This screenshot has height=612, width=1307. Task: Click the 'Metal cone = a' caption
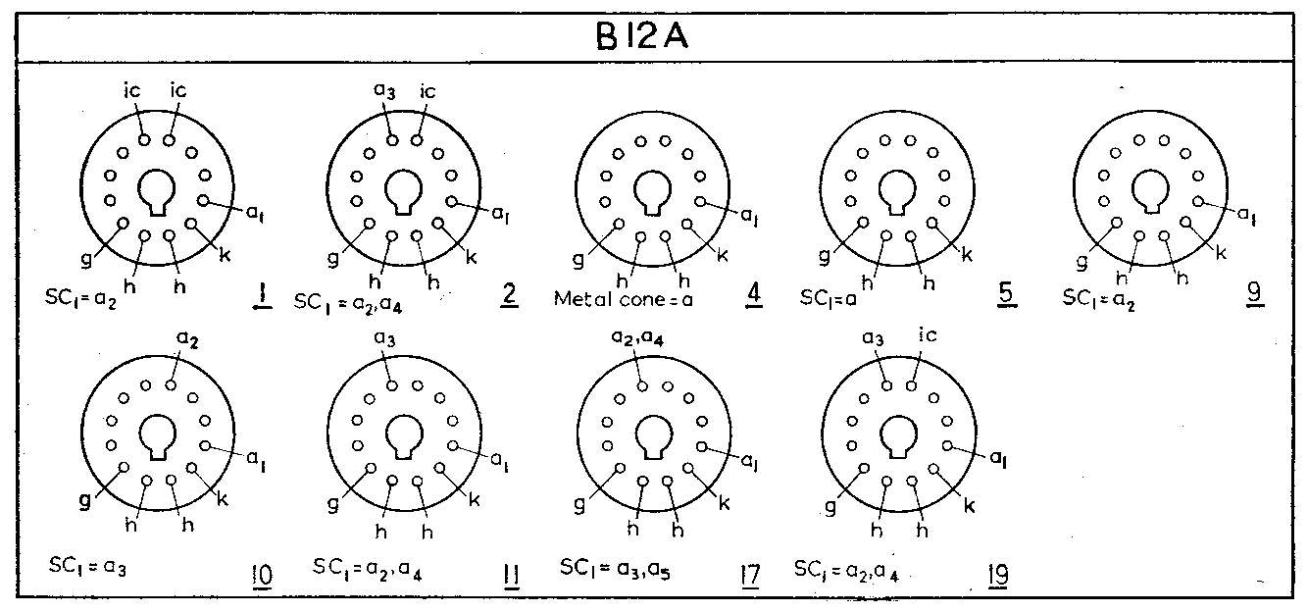coord(624,298)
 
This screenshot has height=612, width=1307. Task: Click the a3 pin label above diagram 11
coord(385,339)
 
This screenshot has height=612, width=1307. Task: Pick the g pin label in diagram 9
coord(1082,263)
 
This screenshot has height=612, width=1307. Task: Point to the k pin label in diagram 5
coord(967,255)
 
